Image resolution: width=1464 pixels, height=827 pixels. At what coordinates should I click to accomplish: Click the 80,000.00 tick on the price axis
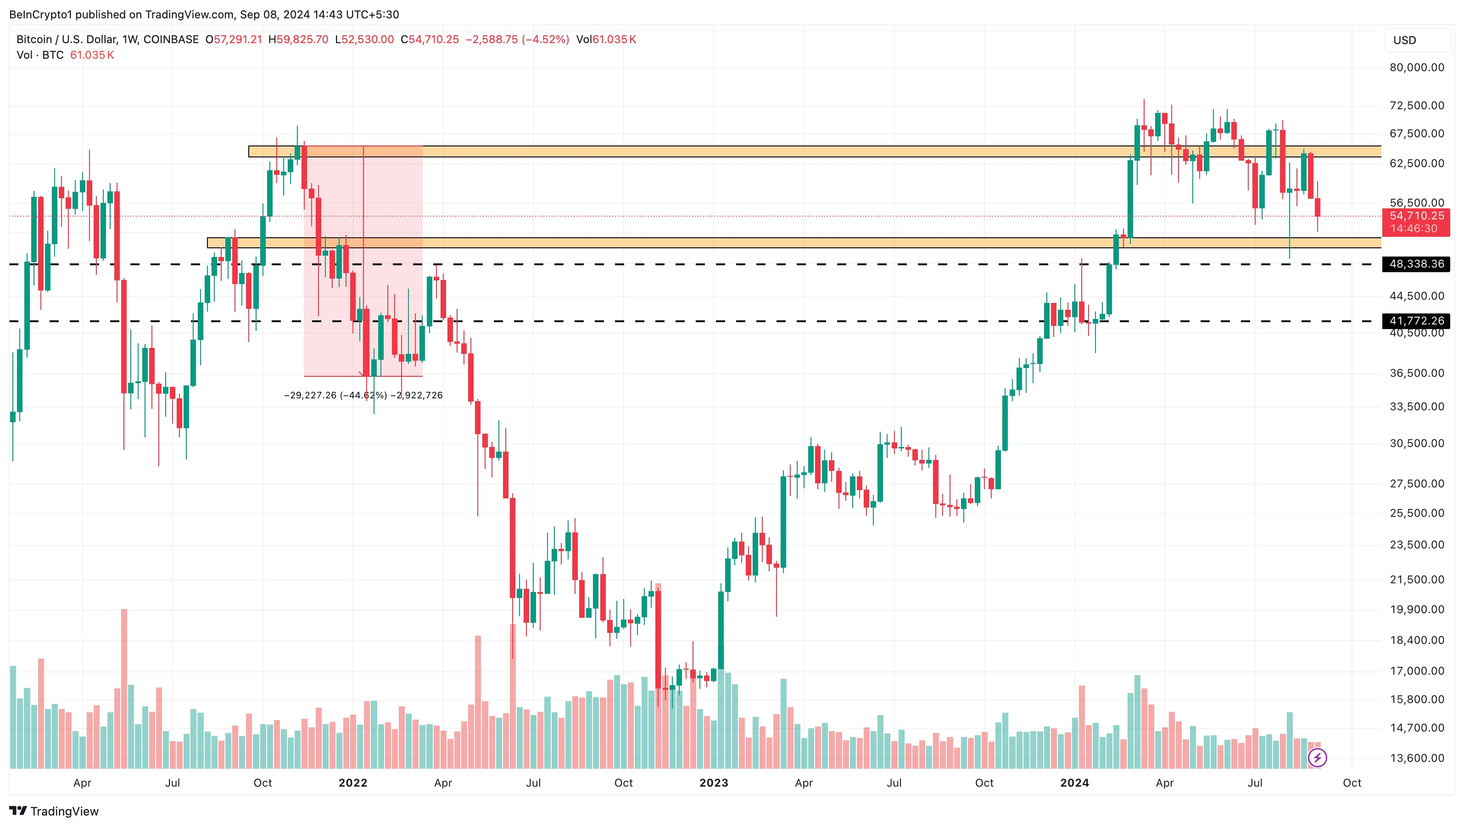[x=1416, y=67]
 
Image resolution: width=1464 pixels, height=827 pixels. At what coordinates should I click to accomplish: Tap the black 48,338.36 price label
[x=1416, y=264]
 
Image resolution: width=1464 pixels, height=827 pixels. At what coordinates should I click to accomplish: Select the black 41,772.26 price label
[x=1416, y=321]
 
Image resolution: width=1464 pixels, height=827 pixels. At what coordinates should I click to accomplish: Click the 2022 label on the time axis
[x=353, y=782]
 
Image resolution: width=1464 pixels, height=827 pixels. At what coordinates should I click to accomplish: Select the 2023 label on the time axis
[x=714, y=782]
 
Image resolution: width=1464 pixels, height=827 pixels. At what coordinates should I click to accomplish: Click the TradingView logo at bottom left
[x=54, y=811]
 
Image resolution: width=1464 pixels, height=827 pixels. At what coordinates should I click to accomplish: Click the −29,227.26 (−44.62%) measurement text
[x=335, y=395]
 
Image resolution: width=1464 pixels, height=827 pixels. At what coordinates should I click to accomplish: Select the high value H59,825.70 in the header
[x=298, y=39]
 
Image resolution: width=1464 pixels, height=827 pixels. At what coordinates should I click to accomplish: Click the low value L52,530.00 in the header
[x=364, y=39]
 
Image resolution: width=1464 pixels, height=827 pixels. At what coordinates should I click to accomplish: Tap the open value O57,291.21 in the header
[x=234, y=39]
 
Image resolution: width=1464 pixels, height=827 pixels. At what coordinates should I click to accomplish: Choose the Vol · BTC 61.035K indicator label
[x=65, y=55]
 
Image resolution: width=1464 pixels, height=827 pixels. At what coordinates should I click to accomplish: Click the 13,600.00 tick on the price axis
[x=1416, y=758]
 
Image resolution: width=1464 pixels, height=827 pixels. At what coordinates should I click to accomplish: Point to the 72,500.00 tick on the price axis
[x=1416, y=105]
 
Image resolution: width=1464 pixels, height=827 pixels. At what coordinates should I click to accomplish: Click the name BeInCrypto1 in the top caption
[x=40, y=14]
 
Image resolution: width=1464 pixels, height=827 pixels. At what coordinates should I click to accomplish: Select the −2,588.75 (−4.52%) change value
[x=517, y=39]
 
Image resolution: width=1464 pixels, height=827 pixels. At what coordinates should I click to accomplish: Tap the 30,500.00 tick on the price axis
[x=1416, y=443]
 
